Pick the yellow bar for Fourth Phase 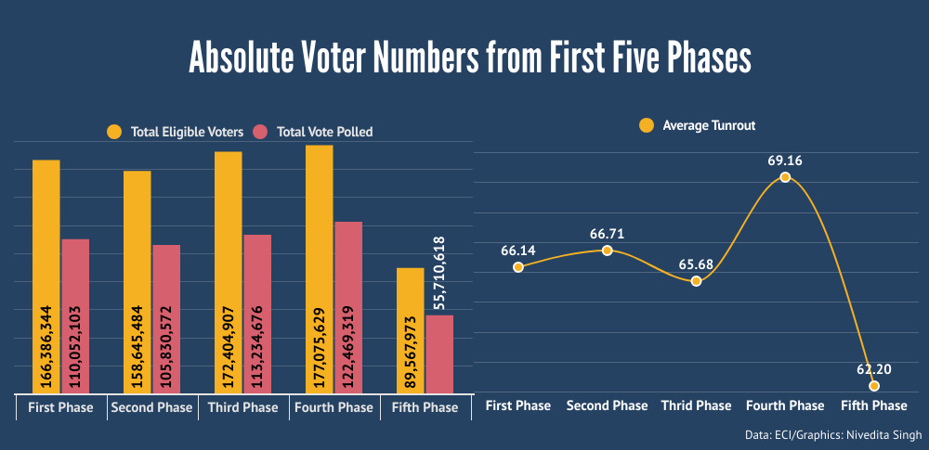click(x=319, y=269)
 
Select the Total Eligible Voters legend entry click(x=175, y=132)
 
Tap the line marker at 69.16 click(x=785, y=177)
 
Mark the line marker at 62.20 click(x=874, y=385)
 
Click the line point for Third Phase click(x=696, y=281)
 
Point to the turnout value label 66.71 click(x=607, y=233)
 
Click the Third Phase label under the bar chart click(x=242, y=407)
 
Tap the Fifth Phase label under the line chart click(x=873, y=405)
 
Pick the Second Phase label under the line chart click(x=607, y=405)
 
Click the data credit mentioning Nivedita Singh click(x=833, y=434)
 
